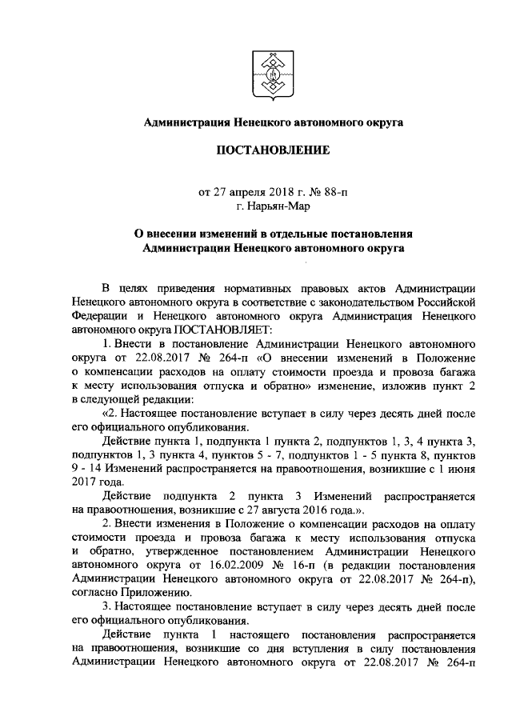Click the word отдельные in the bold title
pos(297,234)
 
